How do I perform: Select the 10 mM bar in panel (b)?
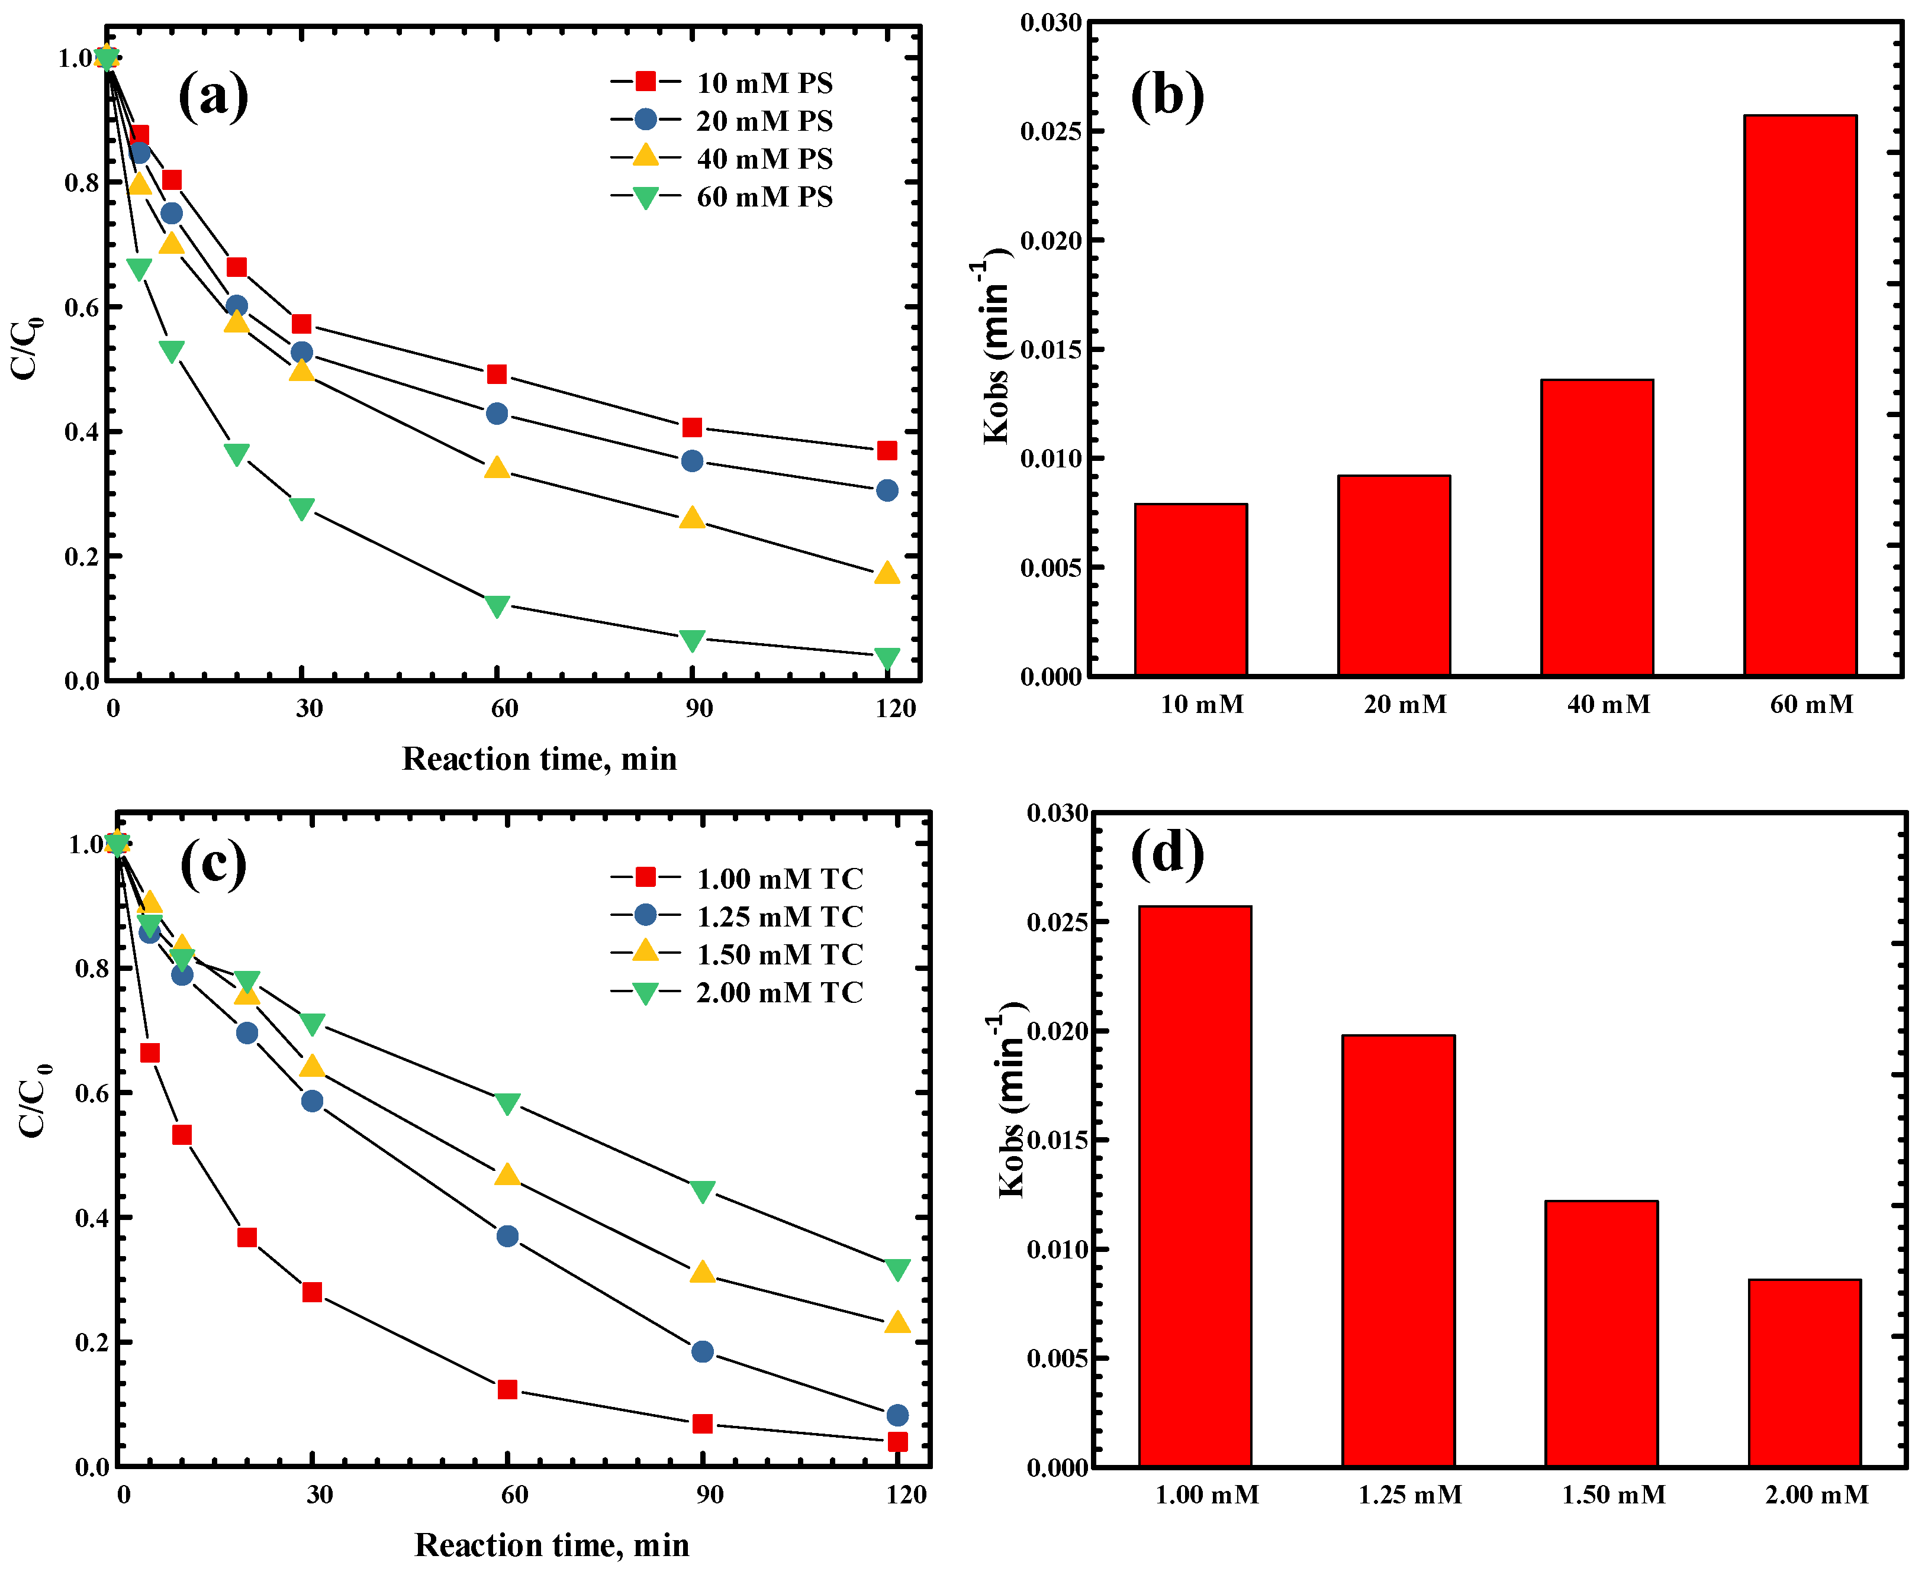(x=1190, y=590)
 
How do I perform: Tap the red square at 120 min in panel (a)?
(x=887, y=451)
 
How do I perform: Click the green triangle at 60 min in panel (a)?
(x=497, y=605)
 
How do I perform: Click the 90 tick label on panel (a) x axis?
(x=699, y=709)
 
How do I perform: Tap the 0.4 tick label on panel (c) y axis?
(x=92, y=1218)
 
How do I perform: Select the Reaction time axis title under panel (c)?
(x=552, y=1545)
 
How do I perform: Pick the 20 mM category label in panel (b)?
(x=1405, y=705)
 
